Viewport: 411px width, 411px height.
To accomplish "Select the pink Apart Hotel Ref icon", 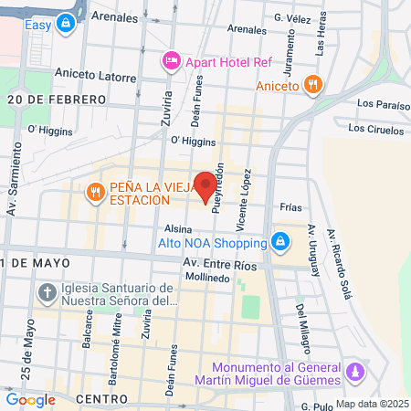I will click(x=171, y=61).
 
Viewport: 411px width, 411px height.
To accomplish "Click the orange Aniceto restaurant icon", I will click(x=313, y=85).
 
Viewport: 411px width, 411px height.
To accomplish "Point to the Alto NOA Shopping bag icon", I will click(x=281, y=242).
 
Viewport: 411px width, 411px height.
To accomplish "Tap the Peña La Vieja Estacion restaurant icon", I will click(x=95, y=192).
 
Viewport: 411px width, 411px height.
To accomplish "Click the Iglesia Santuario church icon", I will click(x=47, y=293).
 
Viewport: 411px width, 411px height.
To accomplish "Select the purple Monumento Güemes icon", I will click(x=357, y=374).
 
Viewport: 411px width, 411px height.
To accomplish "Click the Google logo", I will click(x=30, y=399).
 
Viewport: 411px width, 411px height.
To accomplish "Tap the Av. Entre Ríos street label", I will click(x=220, y=263).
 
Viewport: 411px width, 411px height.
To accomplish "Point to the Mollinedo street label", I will click(x=207, y=277).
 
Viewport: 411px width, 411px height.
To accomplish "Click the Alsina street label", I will click(x=177, y=229).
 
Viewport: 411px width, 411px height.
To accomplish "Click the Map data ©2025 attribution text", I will click(x=372, y=404).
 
